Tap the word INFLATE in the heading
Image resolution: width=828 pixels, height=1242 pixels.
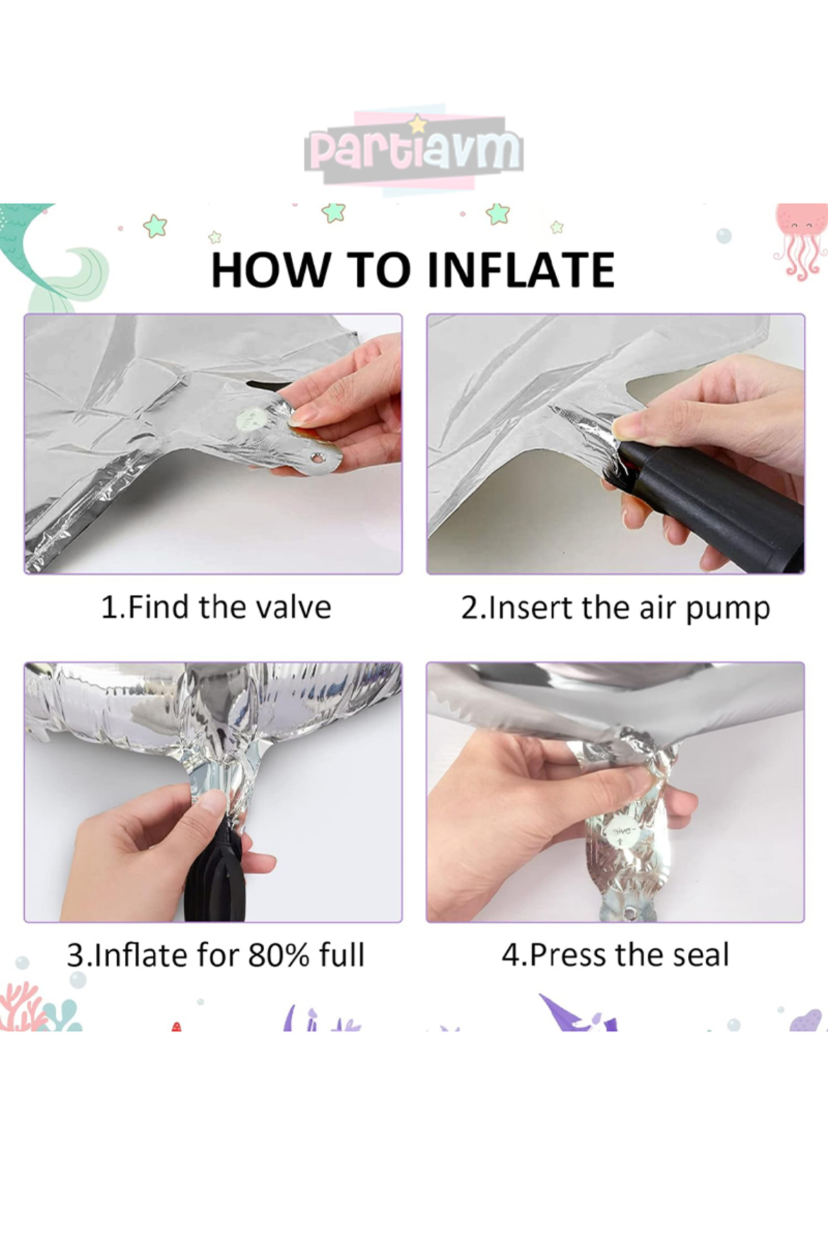[x=521, y=270]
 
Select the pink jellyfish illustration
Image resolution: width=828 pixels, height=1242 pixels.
[x=800, y=241]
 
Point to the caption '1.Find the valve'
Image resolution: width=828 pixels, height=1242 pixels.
[x=216, y=608]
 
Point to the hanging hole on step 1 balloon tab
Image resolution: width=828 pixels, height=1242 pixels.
[x=317, y=457]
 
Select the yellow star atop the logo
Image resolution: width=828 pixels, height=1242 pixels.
[x=417, y=124]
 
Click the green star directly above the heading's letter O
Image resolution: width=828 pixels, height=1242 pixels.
[x=334, y=212]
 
